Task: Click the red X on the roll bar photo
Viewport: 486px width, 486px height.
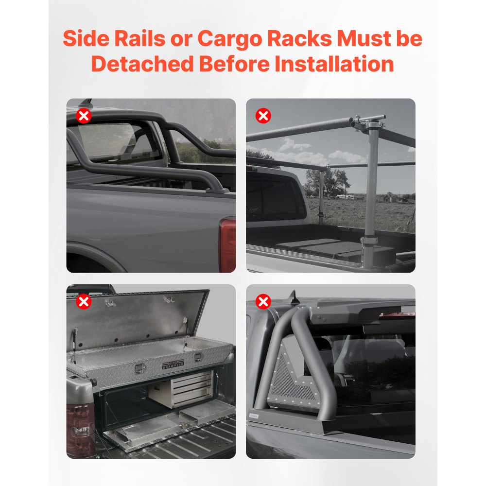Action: coord(84,116)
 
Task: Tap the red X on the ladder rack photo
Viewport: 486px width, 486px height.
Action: coord(263,116)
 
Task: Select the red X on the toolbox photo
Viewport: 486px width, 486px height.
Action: coord(84,302)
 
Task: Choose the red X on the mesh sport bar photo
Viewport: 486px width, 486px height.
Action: coord(263,302)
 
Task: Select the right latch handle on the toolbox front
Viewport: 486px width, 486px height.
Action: coord(197,357)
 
